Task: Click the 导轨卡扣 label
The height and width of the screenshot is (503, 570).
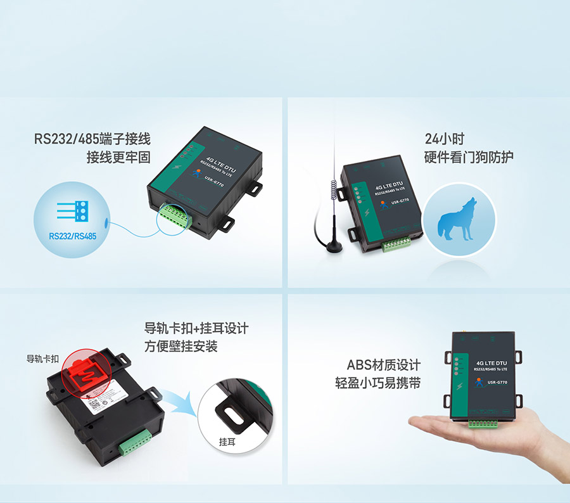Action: [42, 359]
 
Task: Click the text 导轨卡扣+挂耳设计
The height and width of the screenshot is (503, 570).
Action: [196, 329]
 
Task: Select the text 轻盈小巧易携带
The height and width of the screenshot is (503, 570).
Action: [377, 383]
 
